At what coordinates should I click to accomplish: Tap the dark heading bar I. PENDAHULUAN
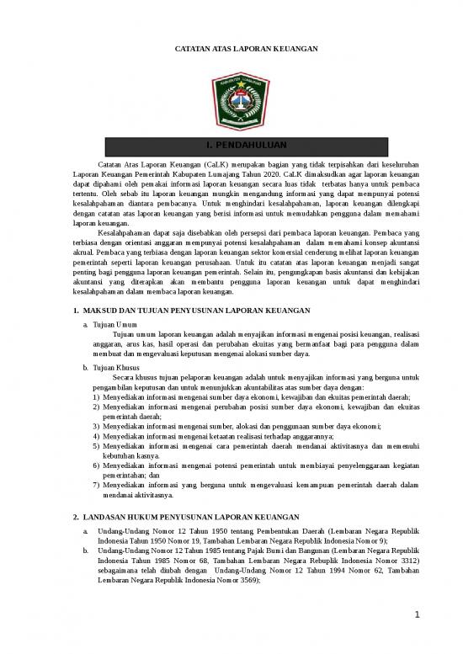(x=231, y=146)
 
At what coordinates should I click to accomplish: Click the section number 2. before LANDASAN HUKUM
(x=76, y=516)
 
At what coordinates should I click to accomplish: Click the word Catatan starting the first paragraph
(x=113, y=162)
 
